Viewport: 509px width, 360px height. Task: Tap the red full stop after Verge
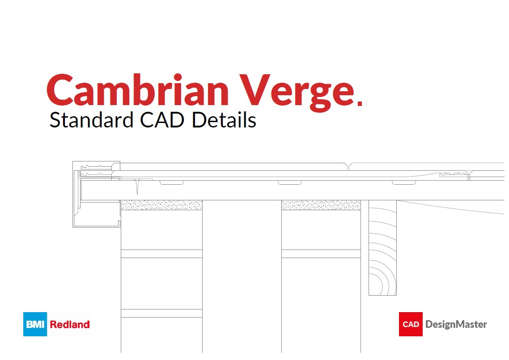(360, 104)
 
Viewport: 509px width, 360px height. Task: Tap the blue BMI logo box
(35, 324)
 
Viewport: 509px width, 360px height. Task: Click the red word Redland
(70, 324)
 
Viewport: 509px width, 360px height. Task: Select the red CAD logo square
(411, 324)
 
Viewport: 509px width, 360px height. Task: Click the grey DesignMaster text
(456, 324)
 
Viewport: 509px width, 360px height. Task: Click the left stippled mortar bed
(161, 205)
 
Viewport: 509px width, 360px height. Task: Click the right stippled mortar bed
(321, 205)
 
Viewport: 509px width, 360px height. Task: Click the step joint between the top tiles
(349, 167)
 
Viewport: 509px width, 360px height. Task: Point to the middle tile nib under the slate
(289, 182)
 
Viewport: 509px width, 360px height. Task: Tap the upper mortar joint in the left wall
(161, 254)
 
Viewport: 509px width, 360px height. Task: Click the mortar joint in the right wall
(321, 254)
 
